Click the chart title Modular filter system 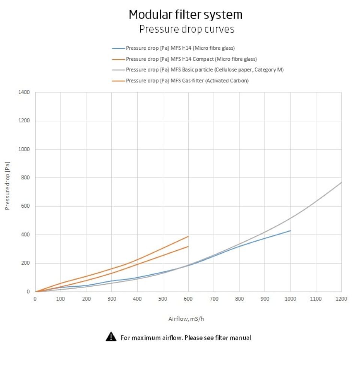(x=186, y=15)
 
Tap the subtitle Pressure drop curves (x=187, y=29)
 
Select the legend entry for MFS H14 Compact (x=191, y=59)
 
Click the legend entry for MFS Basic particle (x=204, y=70)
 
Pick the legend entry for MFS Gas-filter (x=187, y=81)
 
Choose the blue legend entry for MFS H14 (x=180, y=48)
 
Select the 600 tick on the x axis (x=188, y=299)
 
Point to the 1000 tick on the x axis (x=290, y=299)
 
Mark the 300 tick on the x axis (x=112, y=299)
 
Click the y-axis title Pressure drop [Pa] (x=7, y=186)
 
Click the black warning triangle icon (x=111, y=337)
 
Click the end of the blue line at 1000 (x=290, y=230)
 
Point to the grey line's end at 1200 (x=341, y=183)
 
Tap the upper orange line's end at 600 (x=188, y=236)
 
